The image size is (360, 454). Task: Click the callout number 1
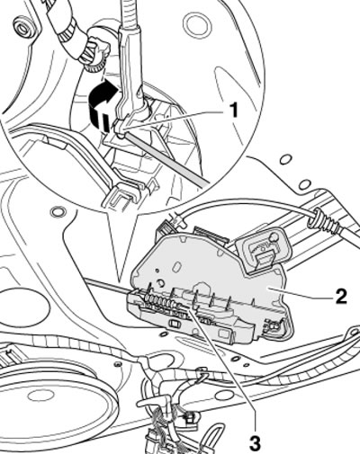[x=232, y=110]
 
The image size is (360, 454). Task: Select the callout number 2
[x=339, y=297]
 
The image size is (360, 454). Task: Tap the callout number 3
[x=255, y=444]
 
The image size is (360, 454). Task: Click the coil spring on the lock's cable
[x=160, y=300]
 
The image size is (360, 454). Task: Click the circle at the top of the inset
[x=197, y=23]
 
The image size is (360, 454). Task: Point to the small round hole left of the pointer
[x=57, y=211]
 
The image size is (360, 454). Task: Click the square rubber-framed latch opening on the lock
[x=262, y=247]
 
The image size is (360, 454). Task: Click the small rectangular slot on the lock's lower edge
[x=175, y=324]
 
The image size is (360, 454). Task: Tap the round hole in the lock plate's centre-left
[x=161, y=282]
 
